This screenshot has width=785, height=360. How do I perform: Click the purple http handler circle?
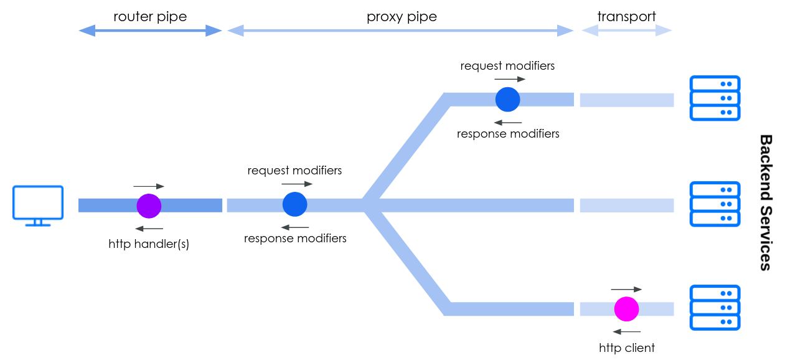149,206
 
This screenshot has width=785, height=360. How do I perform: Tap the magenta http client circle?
627,309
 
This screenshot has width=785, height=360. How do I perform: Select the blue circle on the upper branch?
508,99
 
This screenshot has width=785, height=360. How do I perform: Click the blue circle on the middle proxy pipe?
294,204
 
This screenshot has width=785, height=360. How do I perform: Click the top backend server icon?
715,98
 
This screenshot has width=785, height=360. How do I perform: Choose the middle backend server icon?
715,204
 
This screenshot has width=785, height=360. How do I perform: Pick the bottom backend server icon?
715,308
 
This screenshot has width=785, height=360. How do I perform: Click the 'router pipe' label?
151,16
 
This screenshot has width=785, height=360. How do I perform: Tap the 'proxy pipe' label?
402,17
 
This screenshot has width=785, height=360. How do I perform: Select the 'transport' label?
627,16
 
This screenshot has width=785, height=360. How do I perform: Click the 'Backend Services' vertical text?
766,202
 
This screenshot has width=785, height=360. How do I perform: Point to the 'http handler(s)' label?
149,244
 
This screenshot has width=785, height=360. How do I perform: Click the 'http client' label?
627,348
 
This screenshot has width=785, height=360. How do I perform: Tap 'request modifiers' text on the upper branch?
507,66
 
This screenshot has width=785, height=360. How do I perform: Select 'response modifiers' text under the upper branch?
508,133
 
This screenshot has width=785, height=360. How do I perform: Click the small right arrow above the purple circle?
149,186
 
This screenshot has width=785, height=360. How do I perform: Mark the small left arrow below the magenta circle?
627,331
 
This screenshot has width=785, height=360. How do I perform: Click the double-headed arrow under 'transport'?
627,31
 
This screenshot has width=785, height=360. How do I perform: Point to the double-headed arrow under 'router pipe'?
151,31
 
